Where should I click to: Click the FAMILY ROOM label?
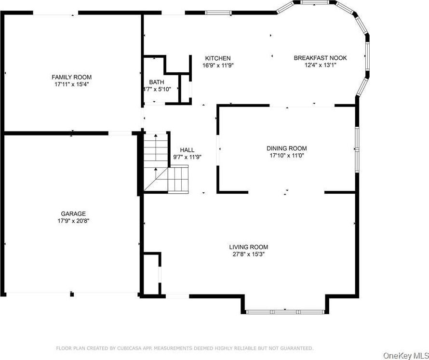(x=72, y=77)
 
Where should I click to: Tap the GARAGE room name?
(x=73, y=213)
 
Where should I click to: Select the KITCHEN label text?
(x=218, y=58)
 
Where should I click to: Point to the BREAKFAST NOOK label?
(x=320, y=58)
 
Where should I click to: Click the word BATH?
(x=157, y=82)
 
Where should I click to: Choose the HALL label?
(x=187, y=150)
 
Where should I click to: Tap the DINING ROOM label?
(x=287, y=148)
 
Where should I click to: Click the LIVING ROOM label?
(x=249, y=247)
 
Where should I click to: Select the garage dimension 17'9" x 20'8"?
(x=73, y=221)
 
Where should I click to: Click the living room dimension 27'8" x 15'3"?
(x=249, y=254)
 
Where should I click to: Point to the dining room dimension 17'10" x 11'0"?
(x=287, y=155)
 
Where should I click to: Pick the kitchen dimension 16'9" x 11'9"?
(x=218, y=66)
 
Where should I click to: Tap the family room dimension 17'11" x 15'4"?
(x=72, y=84)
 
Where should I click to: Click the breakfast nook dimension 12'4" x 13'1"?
(x=320, y=65)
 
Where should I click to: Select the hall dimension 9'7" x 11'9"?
(x=187, y=157)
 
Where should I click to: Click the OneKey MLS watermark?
(x=406, y=356)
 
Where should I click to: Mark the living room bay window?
(x=285, y=312)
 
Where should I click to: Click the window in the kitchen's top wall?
(x=218, y=13)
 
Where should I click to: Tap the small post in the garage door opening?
(x=72, y=294)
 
